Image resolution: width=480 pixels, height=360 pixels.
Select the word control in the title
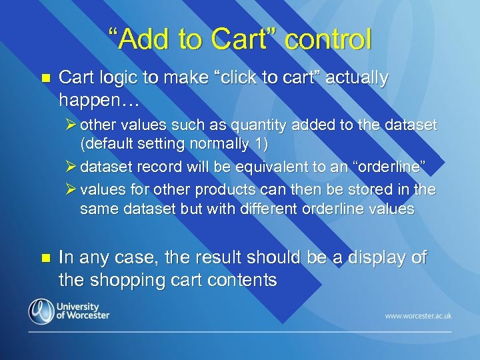point(328,39)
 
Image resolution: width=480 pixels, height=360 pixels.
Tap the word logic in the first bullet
point(115,78)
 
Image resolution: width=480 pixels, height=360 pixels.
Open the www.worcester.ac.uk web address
point(417,315)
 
